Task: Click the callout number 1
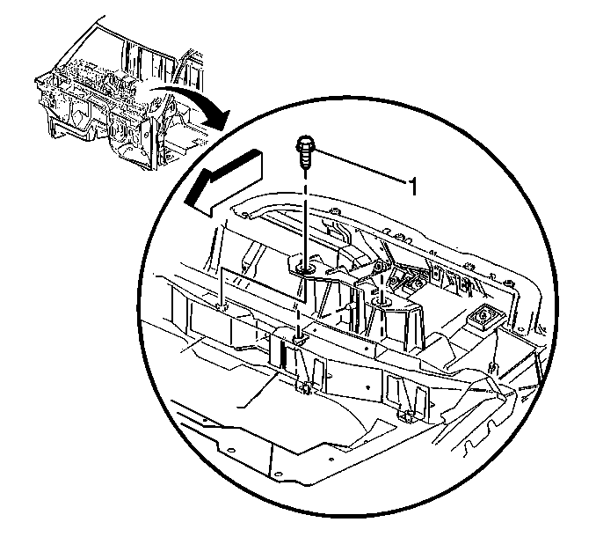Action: (x=413, y=187)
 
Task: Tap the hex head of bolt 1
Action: (x=304, y=143)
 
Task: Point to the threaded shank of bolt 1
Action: (x=304, y=160)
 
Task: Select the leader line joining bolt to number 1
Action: (x=360, y=167)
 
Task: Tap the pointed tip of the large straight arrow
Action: (x=185, y=202)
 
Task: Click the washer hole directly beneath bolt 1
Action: (x=305, y=270)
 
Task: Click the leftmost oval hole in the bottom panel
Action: (x=229, y=450)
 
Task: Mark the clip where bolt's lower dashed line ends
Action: (x=298, y=340)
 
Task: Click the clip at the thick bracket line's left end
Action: (x=222, y=306)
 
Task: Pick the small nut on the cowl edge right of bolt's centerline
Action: (x=334, y=210)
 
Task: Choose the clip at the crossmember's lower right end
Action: (x=405, y=416)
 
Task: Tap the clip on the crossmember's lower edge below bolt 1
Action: (x=303, y=388)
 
